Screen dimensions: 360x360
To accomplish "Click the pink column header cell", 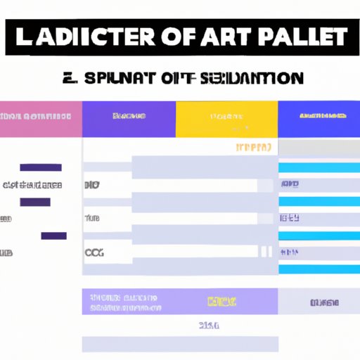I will (41, 119).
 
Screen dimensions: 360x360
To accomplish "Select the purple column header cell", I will (129, 119).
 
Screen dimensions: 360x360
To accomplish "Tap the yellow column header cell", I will (226, 119).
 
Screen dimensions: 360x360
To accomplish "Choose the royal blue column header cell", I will (319, 119).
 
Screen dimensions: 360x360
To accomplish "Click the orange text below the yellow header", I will (253, 148).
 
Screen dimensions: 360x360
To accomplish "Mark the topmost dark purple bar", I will (40, 167).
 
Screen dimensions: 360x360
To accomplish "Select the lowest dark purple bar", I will (53, 236).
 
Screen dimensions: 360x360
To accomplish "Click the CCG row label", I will (93, 252).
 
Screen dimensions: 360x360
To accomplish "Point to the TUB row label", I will (92, 219).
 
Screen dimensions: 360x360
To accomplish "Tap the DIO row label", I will (91, 185).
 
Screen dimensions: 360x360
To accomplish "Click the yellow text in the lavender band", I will (221, 302).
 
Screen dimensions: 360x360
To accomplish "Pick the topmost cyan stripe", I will (319, 167).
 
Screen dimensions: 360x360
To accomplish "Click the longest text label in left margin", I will (32, 185).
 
